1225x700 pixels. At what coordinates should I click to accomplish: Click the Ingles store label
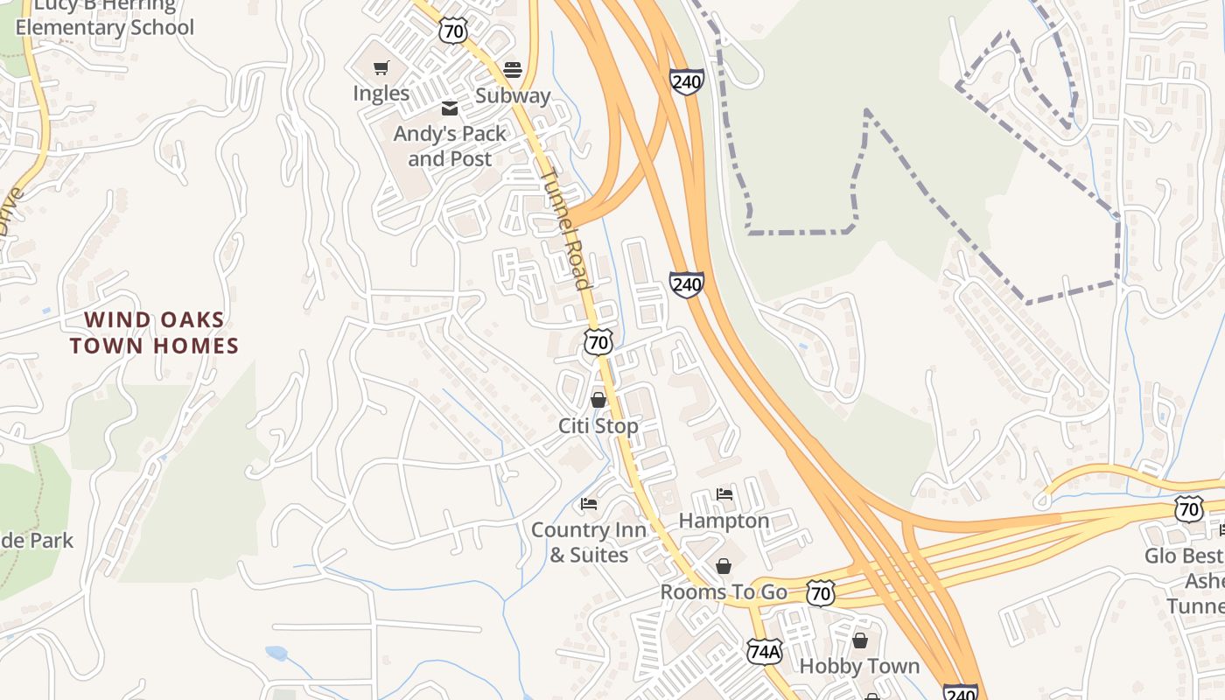(381, 93)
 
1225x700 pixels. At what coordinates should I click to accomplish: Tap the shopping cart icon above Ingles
(381, 67)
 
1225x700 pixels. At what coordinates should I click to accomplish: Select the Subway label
(513, 95)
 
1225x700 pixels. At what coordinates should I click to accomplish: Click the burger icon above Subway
(513, 69)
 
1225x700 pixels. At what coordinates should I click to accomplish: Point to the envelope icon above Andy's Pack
(450, 108)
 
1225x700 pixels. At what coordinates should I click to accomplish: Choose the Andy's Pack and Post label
(450, 146)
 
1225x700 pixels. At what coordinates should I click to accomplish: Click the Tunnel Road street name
(563, 228)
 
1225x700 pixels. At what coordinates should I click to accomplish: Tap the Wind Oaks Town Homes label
(154, 332)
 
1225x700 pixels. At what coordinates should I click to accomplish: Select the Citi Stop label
(598, 425)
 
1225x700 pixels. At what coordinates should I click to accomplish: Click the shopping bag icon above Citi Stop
(598, 400)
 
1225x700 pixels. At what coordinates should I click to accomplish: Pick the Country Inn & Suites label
(589, 542)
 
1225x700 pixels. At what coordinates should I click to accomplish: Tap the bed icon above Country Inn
(589, 504)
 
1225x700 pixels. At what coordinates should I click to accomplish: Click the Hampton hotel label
(724, 521)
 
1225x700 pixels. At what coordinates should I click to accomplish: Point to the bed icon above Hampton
(724, 494)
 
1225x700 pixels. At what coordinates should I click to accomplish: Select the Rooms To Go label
(724, 591)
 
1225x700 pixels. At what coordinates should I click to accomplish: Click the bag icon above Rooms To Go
(724, 566)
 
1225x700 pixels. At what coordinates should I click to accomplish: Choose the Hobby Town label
(859, 666)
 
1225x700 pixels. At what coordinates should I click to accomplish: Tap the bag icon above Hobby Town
(859, 640)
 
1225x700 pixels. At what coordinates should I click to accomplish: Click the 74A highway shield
(764, 651)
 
